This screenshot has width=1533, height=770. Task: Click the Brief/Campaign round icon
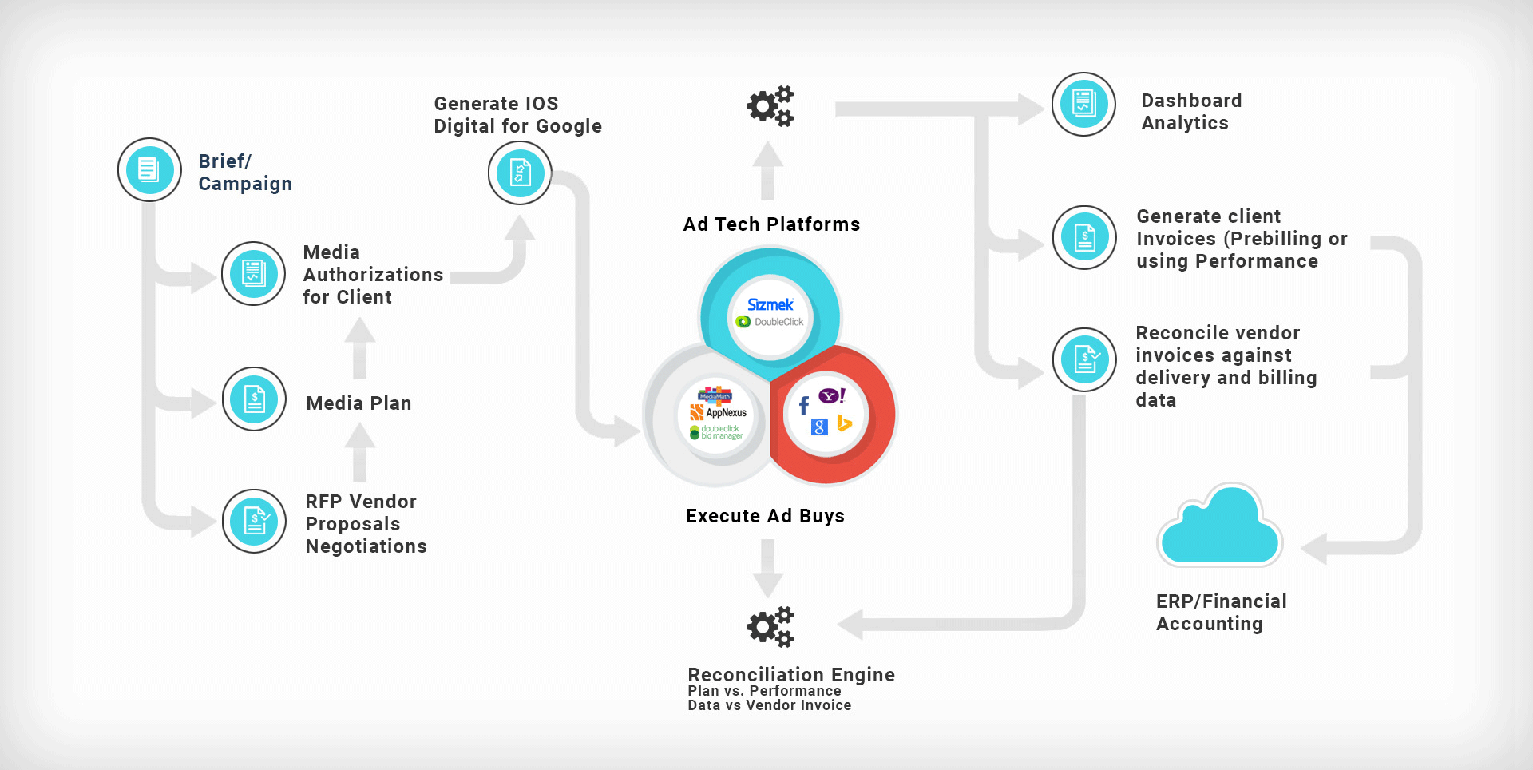[149, 169]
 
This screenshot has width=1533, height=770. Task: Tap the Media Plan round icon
[254, 399]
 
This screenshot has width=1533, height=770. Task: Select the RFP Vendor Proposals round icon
[254, 521]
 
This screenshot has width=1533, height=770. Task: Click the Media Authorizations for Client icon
[253, 273]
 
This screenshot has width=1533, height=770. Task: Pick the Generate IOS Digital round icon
[520, 173]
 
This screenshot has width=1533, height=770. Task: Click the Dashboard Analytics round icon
[1083, 104]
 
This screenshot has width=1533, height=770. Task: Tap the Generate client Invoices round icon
[1084, 237]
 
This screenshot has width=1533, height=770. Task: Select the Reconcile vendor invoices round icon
[1084, 359]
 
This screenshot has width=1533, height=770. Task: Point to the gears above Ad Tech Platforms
[770, 106]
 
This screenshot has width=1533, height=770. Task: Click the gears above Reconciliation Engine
[770, 627]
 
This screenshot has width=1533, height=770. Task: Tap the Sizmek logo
[770, 305]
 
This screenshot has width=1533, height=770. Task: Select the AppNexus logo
[719, 412]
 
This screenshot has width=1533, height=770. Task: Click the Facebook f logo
[804, 407]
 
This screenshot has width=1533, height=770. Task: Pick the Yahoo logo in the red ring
[831, 396]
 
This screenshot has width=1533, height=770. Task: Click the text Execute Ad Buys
[765, 516]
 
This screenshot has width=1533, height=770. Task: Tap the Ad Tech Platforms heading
[771, 224]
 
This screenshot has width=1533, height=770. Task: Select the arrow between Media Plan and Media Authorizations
[360, 347]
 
